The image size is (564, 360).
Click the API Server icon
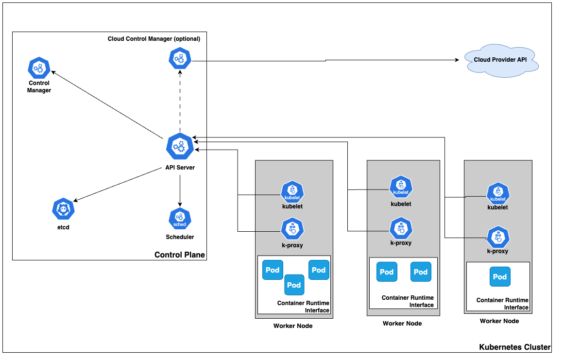(x=180, y=146)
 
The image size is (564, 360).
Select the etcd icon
(x=64, y=209)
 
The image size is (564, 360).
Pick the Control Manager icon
(x=39, y=68)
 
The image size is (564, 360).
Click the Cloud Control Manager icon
(x=180, y=59)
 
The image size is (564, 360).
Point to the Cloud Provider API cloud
(x=500, y=60)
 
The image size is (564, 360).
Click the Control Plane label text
(x=179, y=255)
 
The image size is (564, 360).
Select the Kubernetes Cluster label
(x=515, y=347)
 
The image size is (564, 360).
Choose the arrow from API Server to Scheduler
(x=180, y=189)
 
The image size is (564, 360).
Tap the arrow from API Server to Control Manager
(x=107, y=104)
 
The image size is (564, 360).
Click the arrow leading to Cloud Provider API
(x=325, y=60)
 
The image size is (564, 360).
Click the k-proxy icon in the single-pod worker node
(x=498, y=237)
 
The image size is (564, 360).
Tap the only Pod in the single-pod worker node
(x=500, y=277)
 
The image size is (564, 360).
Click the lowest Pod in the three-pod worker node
(x=294, y=285)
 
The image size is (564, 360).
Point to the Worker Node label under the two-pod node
(x=402, y=324)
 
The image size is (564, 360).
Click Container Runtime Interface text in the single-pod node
(x=502, y=304)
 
